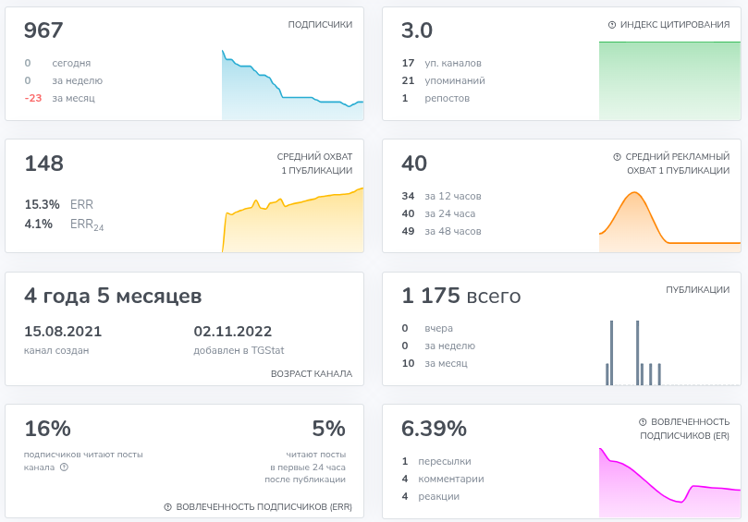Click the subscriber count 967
tap(43, 30)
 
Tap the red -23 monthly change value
tap(33, 98)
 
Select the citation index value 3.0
tap(417, 30)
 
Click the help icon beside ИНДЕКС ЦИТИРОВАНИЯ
tap(612, 25)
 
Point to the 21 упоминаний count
tap(408, 80)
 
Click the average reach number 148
tap(43, 164)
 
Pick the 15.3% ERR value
tap(42, 204)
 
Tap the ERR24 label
tap(87, 225)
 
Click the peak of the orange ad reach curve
tap(635, 192)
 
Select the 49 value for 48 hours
tap(408, 231)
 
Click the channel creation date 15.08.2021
tap(63, 332)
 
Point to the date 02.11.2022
tap(233, 332)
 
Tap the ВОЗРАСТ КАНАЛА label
tap(312, 374)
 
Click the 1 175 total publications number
tap(431, 296)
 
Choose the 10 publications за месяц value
tap(408, 363)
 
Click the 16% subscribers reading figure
tap(48, 429)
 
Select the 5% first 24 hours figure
tap(328, 429)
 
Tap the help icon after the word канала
tap(65, 467)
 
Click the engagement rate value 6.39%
tap(434, 429)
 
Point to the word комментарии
tap(451, 480)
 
